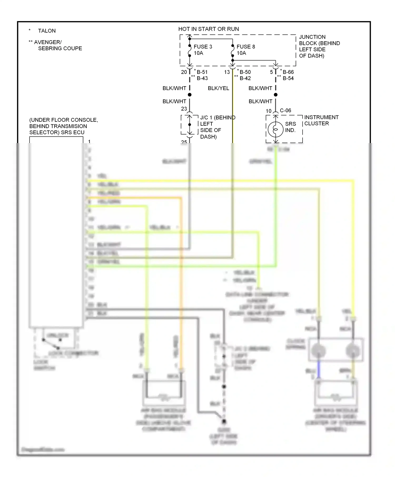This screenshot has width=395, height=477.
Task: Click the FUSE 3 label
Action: tap(203, 47)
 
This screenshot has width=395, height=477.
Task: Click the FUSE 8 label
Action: tap(245, 47)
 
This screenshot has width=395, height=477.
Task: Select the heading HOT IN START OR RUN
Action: tap(208, 29)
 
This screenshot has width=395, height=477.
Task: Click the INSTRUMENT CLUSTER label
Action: tap(321, 120)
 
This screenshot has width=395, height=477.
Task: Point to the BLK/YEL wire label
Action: tap(218, 88)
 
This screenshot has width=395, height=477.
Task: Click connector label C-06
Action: tap(285, 110)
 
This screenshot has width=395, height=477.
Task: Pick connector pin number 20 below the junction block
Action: tap(184, 72)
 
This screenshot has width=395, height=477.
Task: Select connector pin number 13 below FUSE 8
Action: tap(227, 72)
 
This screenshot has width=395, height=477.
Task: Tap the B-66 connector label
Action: tap(288, 72)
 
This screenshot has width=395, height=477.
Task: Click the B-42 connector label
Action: tap(245, 78)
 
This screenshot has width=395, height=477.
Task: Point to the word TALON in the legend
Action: tap(47, 31)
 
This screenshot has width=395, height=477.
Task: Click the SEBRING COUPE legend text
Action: tap(60, 48)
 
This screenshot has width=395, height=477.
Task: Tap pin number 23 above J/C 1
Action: tap(184, 109)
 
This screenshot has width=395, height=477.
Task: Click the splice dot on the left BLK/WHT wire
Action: tap(190, 95)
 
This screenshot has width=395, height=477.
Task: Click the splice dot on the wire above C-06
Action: tap(275, 95)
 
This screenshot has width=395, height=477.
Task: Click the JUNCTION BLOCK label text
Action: tap(319, 46)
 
